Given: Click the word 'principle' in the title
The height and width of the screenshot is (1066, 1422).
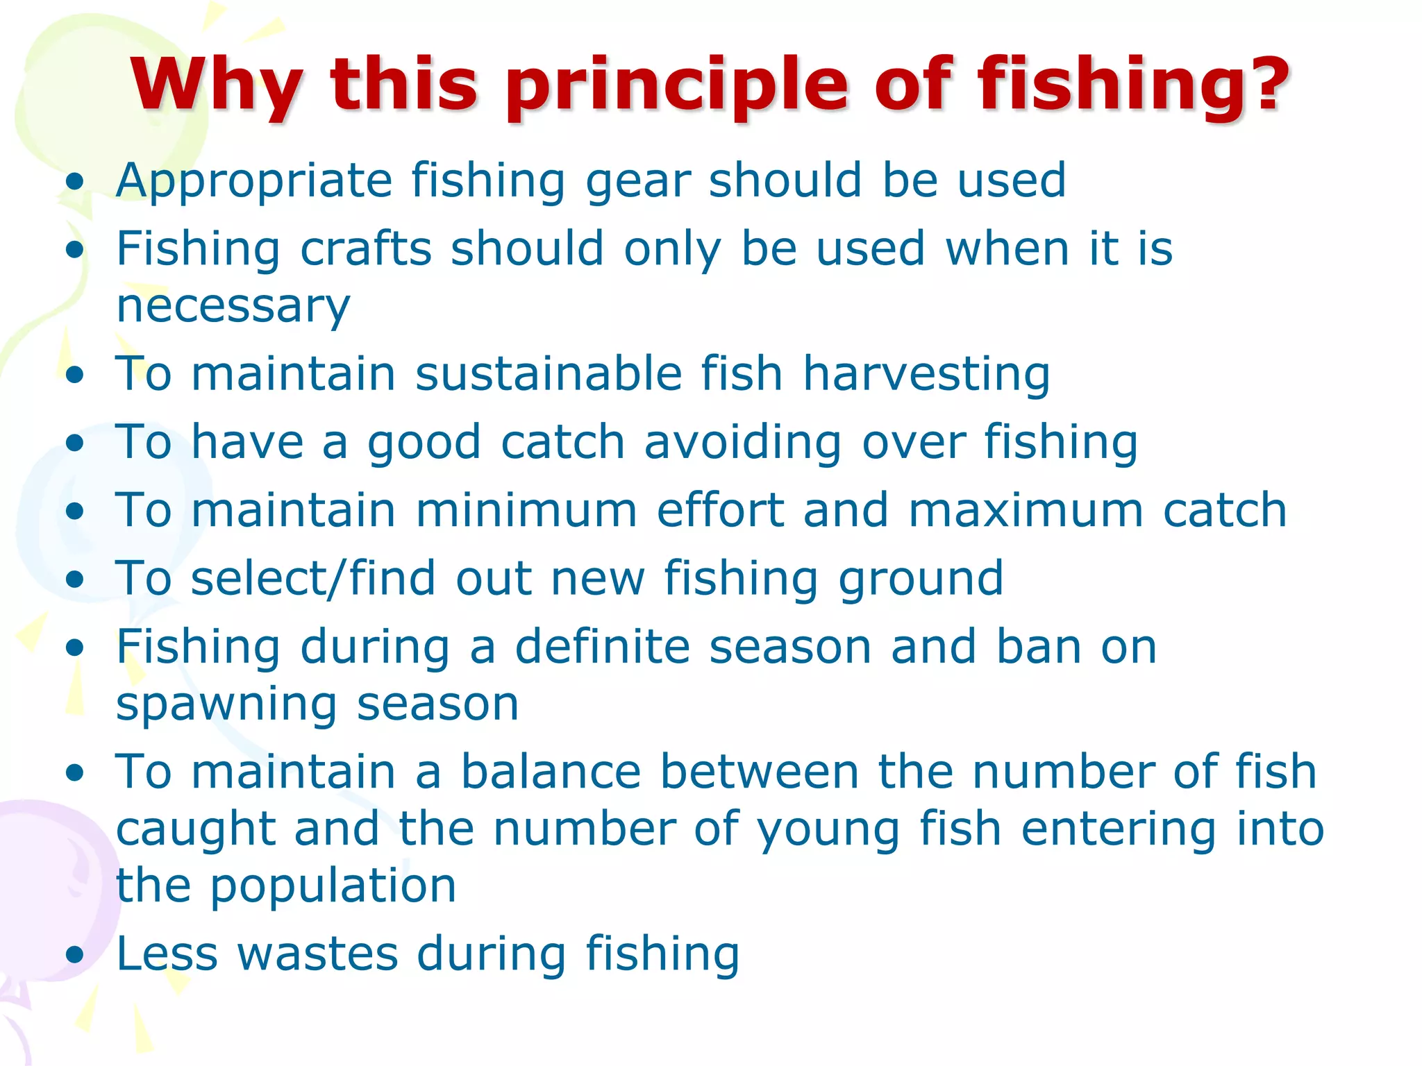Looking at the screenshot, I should pyautogui.click(x=676, y=87).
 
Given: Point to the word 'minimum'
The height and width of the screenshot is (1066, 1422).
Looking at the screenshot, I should pyautogui.click(x=526, y=510).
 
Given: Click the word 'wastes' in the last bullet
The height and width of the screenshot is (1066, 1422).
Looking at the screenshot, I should pyautogui.click(x=318, y=954).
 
